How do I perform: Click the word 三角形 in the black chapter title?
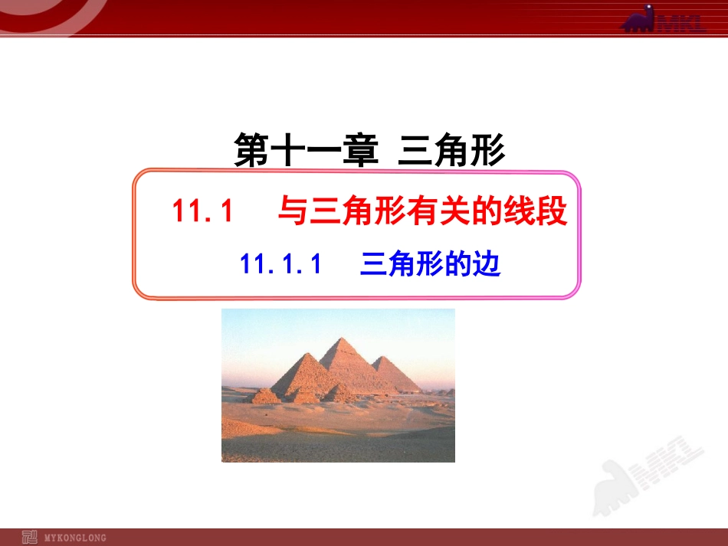click(x=452, y=152)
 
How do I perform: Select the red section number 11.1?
click(x=202, y=212)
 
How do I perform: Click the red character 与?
click(x=293, y=212)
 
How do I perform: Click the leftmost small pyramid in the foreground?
click(x=265, y=396)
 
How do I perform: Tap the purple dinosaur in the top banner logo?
click(x=641, y=19)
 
